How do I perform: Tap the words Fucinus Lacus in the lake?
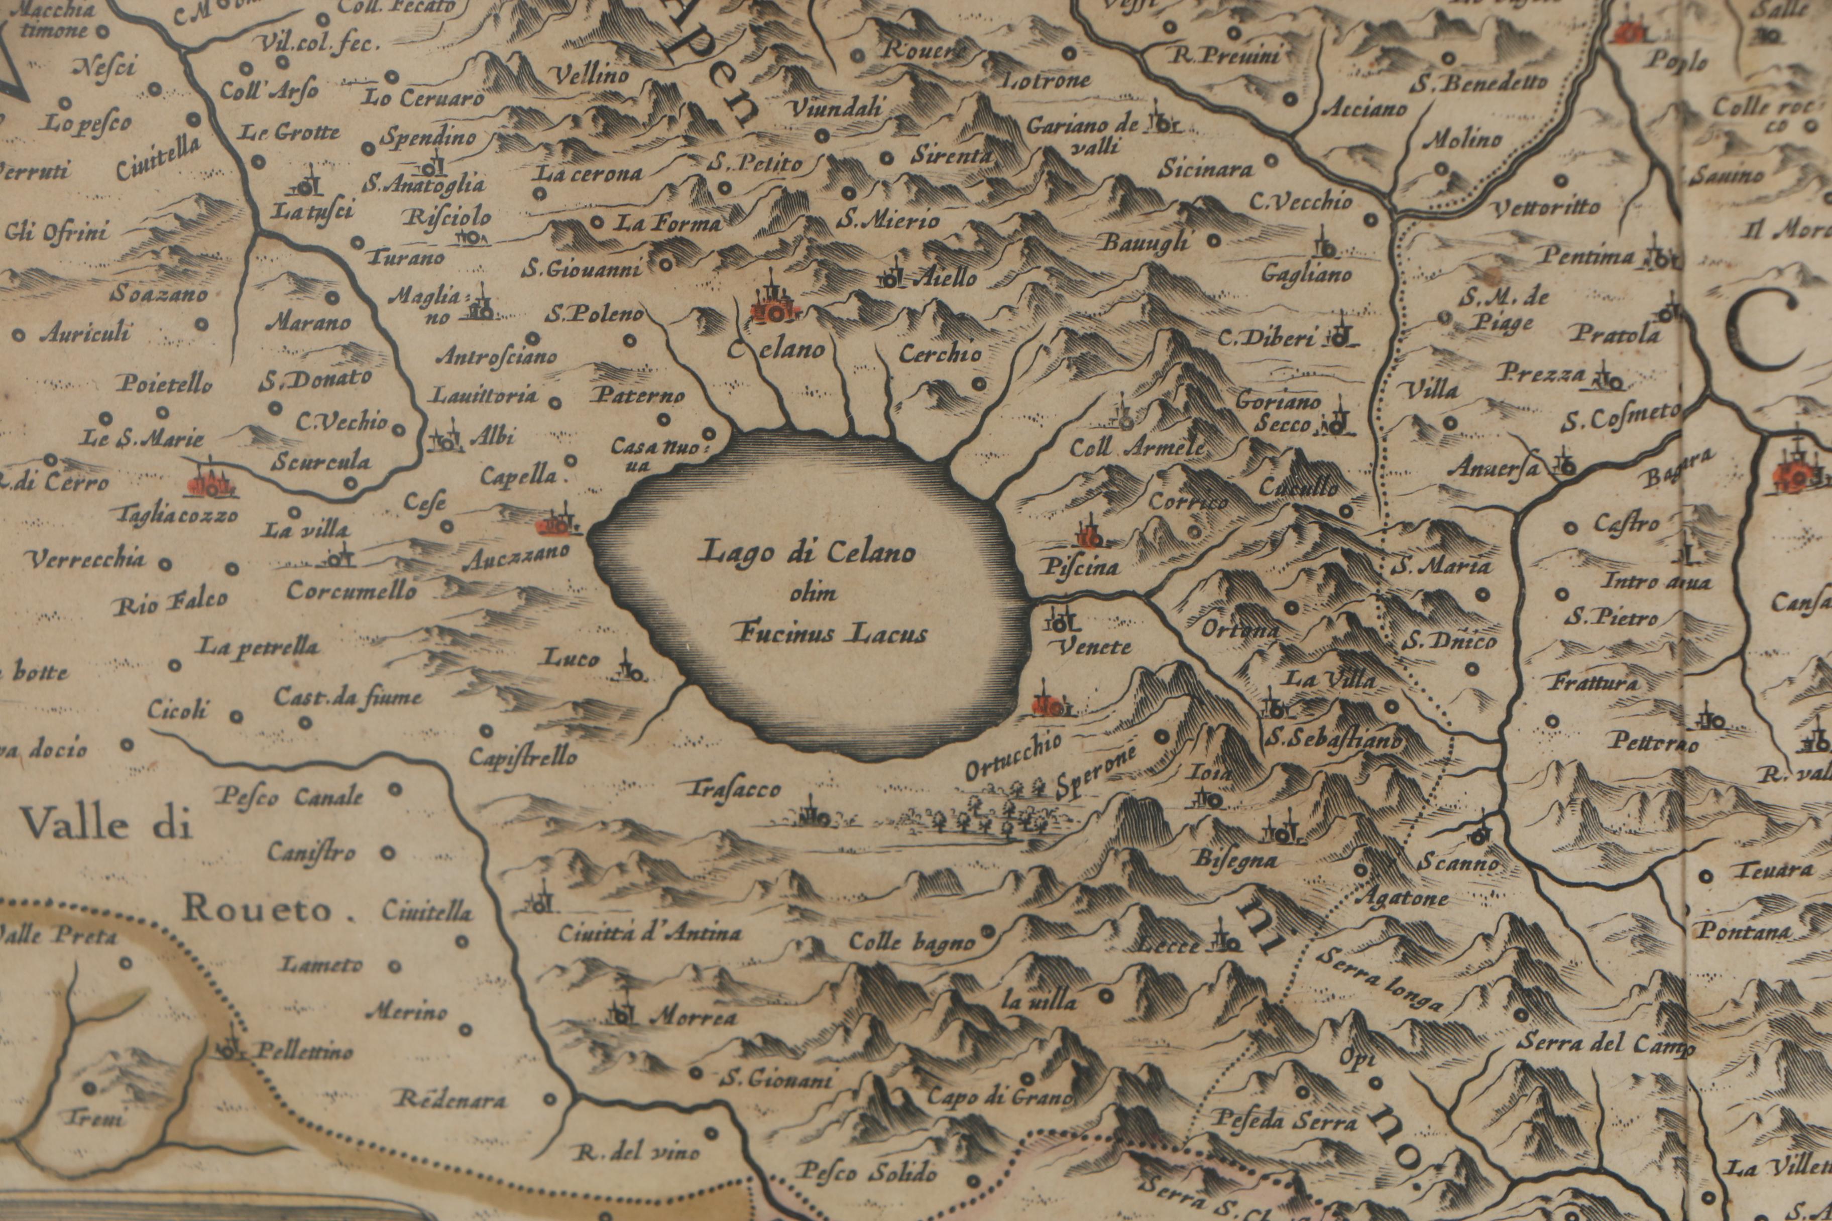click(x=832, y=632)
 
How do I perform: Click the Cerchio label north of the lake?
click(x=940, y=353)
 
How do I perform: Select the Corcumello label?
click(x=352, y=590)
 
